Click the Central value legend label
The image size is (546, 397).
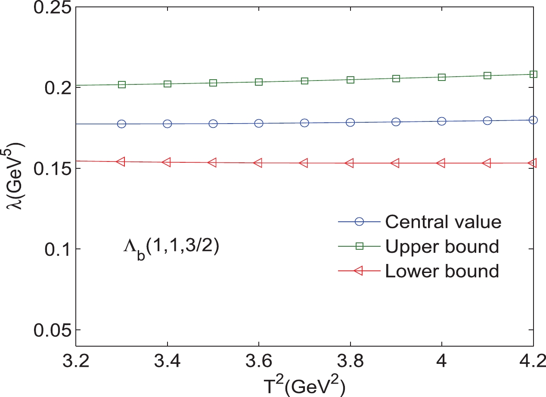pos(443,222)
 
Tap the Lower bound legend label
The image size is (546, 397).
pos(442,271)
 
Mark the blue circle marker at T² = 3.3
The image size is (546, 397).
pos(121,124)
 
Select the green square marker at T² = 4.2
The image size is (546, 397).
pos(534,74)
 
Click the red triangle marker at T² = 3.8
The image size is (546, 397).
pos(350,163)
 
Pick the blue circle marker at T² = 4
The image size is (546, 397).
pos(442,121)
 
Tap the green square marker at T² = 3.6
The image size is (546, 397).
pos(259,82)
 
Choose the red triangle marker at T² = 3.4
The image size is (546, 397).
pos(167,162)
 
